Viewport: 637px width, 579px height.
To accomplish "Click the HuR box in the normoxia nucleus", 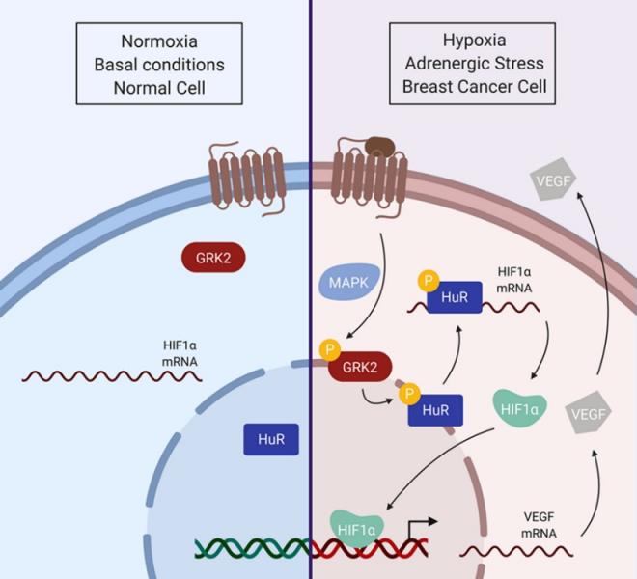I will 270,441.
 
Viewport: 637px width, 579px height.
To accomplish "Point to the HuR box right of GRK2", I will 435,410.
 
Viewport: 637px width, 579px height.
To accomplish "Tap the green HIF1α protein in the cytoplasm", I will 519,406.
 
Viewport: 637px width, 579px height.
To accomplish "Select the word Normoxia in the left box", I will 159,42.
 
